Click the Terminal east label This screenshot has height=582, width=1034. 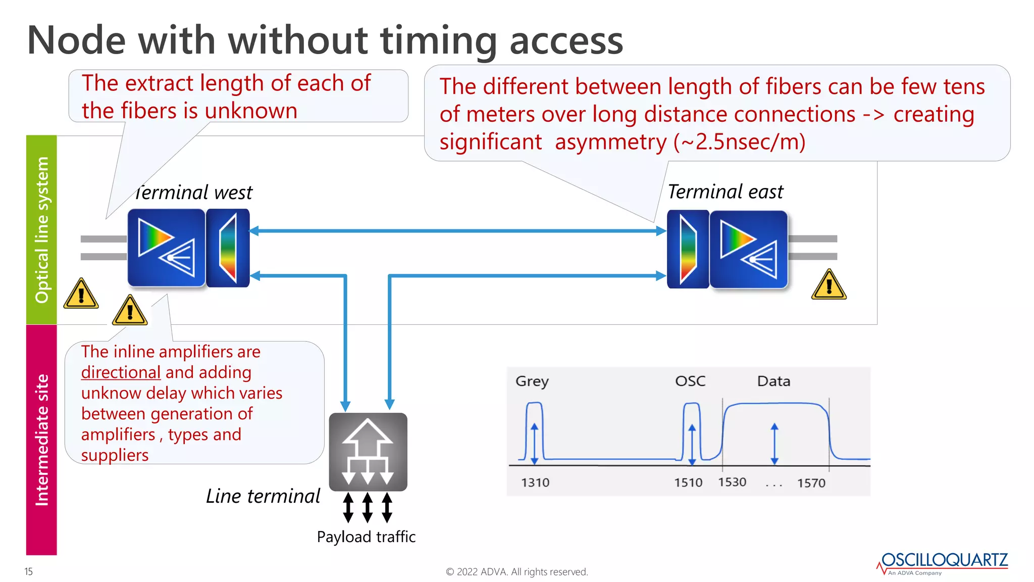coord(725,192)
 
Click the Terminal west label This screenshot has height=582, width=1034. coord(194,192)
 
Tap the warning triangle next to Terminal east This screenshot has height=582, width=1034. coord(829,285)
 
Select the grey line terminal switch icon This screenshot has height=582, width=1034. coord(368,452)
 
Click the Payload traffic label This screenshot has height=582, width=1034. coord(366,537)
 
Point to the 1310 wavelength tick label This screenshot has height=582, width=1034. coord(535,482)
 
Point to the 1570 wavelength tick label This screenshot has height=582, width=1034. coord(811,483)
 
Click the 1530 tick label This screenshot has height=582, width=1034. coord(732,482)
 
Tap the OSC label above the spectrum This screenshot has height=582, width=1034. coord(690,381)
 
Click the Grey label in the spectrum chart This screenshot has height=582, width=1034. coord(532,381)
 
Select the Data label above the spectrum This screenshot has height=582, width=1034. coord(773,381)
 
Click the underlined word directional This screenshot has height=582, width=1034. coord(121,372)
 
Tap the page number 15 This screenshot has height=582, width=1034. coord(28,571)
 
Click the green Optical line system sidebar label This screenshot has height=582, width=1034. coord(41,230)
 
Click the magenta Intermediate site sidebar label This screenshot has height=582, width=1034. coord(41,440)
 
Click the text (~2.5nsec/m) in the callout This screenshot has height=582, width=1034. coord(739,142)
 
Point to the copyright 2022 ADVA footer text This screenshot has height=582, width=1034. coord(516,572)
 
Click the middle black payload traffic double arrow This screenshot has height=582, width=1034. coord(368,507)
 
